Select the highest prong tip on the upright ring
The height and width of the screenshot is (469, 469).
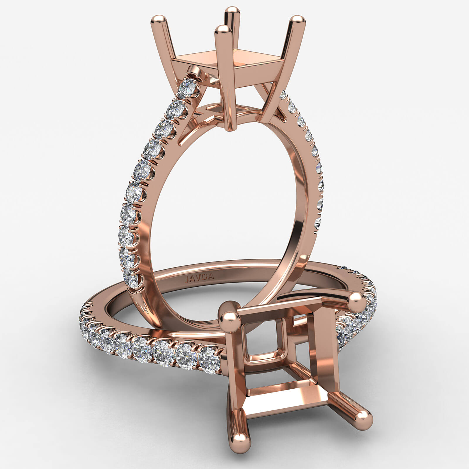[232, 11]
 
